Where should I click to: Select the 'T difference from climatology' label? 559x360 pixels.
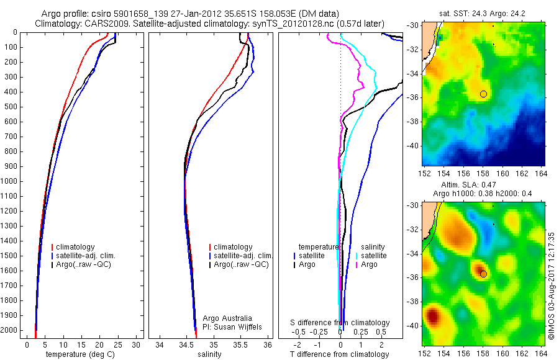pyautogui.click(x=339, y=354)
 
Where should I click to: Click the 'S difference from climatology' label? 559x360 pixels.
pyautogui.click(x=340, y=323)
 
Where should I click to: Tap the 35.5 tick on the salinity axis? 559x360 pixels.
pyautogui.click(x=240, y=344)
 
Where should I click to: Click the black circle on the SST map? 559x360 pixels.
pyautogui.click(x=483, y=94)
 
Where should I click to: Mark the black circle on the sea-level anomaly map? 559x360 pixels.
pyautogui.click(x=483, y=274)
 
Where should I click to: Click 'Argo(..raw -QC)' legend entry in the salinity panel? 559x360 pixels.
pyautogui.click(x=241, y=264)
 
